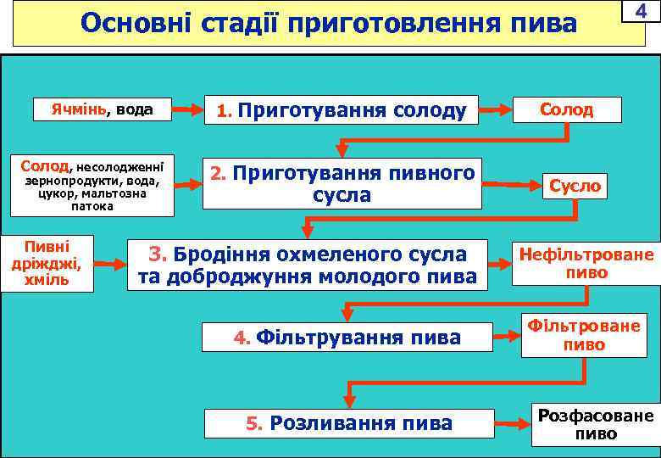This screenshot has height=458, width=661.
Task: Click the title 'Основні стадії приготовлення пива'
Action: pyautogui.click(x=329, y=23)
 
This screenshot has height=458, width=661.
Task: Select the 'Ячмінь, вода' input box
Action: pyautogui.click(x=101, y=109)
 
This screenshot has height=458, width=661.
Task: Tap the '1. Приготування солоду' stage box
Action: pyautogui.click(x=342, y=110)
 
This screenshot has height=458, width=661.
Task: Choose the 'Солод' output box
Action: pyautogui.click(x=567, y=110)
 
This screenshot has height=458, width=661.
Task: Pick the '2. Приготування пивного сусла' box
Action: pyautogui.click(x=342, y=183)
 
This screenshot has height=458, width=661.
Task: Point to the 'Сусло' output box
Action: pyautogui.click(x=575, y=185)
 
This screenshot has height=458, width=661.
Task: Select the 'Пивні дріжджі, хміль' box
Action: pyautogui.click(x=47, y=263)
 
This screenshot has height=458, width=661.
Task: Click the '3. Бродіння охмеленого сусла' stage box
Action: pyautogui.click(x=308, y=265)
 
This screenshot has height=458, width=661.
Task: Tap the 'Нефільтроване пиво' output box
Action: pyautogui.click(x=586, y=263)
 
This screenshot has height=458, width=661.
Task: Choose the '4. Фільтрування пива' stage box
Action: pyautogui.click(x=347, y=338)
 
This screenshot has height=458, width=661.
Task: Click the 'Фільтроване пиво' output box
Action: pyautogui.click(x=584, y=335)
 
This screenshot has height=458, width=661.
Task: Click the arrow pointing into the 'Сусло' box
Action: pyautogui.click(x=513, y=183)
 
